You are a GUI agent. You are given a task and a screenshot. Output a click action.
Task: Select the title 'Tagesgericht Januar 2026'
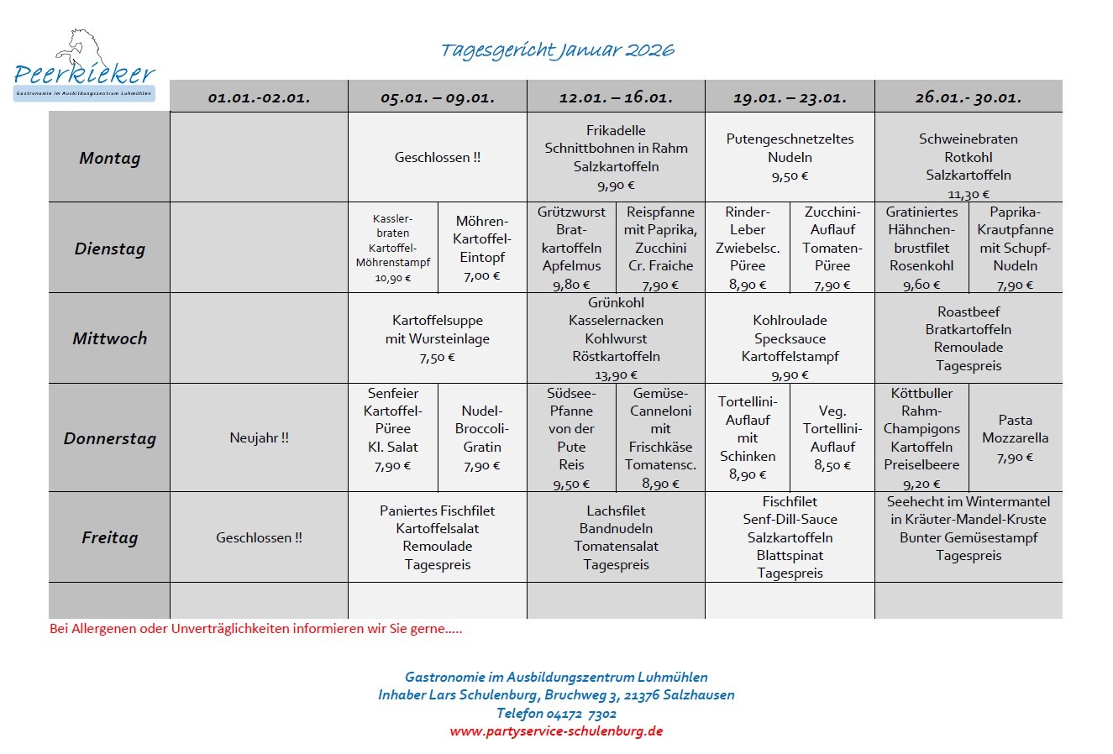(557, 50)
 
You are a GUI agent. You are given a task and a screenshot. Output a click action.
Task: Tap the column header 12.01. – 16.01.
(616, 97)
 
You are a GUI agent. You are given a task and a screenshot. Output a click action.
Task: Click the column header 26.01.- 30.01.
(968, 97)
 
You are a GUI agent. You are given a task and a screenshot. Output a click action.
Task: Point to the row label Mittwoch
(109, 338)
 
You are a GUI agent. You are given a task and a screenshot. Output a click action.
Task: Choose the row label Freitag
(109, 537)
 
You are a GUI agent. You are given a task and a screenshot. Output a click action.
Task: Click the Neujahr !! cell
(259, 437)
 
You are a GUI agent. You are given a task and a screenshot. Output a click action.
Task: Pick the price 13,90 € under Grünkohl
(616, 375)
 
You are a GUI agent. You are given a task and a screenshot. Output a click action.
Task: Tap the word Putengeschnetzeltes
(790, 139)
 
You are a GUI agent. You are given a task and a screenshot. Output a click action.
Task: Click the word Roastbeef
(969, 312)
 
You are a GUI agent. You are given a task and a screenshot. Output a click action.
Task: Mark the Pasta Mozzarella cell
(1015, 437)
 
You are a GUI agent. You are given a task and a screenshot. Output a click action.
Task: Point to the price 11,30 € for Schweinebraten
(969, 194)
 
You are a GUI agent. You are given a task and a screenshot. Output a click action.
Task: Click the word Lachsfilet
(616, 511)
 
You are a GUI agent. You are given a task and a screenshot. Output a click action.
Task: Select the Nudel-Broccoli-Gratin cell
(482, 437)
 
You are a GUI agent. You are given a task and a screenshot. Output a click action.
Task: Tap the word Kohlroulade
(790, 320)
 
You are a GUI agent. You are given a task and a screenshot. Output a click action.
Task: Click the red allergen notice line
(255, 628)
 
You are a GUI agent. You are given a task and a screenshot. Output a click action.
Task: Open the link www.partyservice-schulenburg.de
(556, 730)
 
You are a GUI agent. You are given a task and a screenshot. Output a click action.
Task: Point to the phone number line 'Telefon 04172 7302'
(556, 713)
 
